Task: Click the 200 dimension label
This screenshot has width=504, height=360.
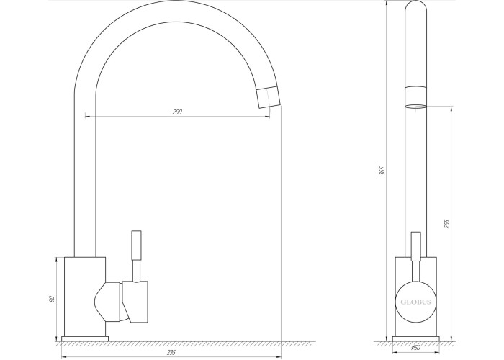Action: pos(177,112)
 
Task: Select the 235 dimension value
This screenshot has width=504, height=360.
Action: pos(171,353)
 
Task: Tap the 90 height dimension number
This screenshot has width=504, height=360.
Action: pos(52,299)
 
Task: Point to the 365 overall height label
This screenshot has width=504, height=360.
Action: pos(382,171)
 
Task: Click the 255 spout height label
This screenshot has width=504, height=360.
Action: pos(446,224)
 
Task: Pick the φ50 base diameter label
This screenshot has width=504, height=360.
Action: pos(415,348)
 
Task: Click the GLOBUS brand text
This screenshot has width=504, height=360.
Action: pos(415,302)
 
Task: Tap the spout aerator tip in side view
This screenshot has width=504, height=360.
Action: pos(269,97)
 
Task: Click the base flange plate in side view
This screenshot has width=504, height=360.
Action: pos(85,339)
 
